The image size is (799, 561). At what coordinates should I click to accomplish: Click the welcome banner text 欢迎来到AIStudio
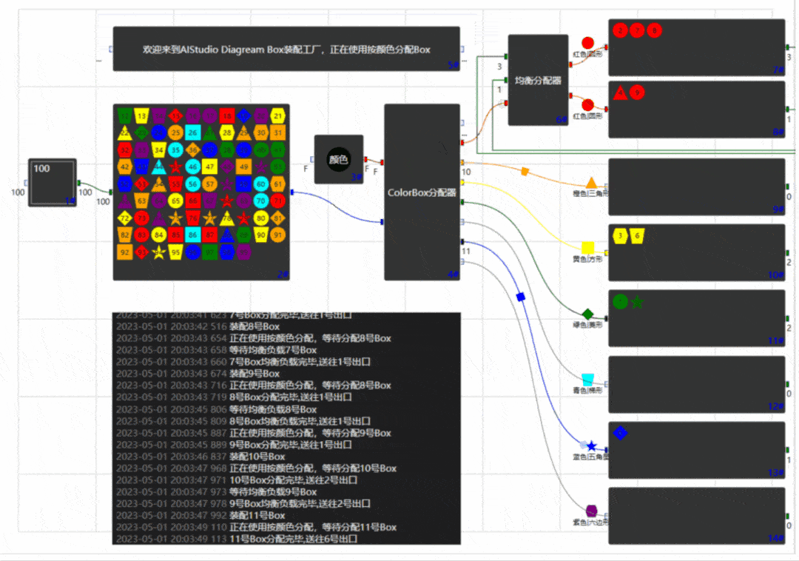coord(286,49)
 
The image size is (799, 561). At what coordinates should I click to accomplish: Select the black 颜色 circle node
coord(338,159)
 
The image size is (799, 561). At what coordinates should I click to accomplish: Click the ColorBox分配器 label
coord(421,192)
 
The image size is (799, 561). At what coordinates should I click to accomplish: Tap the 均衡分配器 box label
coord(538,79)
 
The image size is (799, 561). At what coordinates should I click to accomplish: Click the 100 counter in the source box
coord(41,169)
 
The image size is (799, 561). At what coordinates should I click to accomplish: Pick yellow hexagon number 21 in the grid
coord(277,115)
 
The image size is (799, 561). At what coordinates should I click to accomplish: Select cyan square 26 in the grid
coord(192,133)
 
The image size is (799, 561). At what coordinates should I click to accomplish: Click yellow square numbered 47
coord(209,167)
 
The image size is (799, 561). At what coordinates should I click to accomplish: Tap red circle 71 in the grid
coord(277,200)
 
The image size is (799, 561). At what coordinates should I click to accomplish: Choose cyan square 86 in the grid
coord(192,235)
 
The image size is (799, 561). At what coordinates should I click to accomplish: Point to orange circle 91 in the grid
coord(277,235)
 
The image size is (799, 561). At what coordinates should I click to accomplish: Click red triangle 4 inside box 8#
coord(621,93)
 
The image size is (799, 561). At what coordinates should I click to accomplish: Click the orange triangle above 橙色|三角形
coord(591,183)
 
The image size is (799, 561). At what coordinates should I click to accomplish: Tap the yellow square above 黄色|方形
coord(588,247)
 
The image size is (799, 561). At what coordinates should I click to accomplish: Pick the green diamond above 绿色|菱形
coord(588,314)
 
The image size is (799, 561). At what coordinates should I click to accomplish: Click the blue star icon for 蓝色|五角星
coord(591,446)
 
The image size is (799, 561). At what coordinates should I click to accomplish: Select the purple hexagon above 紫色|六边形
coord(591,511)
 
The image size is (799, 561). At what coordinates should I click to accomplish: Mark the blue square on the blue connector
coord(520,297)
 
